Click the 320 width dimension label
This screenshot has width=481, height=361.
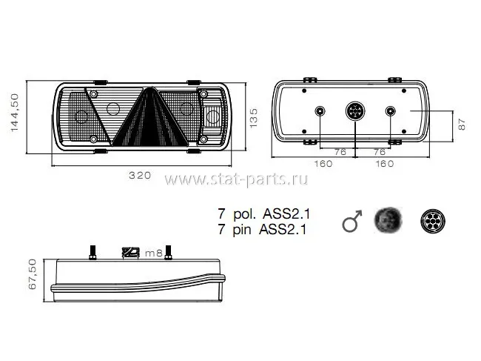coord(140,176)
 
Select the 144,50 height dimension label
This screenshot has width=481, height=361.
coord(15,113)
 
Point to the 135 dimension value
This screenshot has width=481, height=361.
coord(254,119)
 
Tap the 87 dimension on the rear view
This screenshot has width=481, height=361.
coord(462,125)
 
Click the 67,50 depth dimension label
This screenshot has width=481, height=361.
coord(33,274)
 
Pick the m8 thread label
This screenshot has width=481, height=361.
coord(153,254)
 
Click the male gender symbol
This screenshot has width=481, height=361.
coord(352,221)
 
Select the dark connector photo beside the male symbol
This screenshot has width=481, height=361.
coord(388,220)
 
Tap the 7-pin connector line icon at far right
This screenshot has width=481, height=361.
coord(433,221)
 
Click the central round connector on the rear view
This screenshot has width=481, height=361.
coord(355,111)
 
